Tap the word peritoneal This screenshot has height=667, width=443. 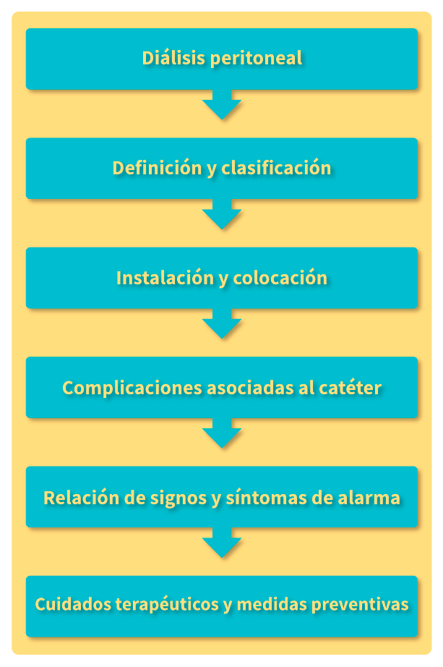click(256, 59)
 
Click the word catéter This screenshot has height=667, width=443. click(350, 388)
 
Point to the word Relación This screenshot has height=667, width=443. click(79, 498)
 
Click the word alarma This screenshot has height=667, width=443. click(368, 498)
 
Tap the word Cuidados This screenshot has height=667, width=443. click(72, 605)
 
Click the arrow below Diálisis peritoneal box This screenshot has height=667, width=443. click(222, 106)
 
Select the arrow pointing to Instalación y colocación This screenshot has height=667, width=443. click(222, 216)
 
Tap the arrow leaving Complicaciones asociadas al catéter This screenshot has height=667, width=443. click(222, 435)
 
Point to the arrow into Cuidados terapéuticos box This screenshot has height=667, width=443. click(222, 545)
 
